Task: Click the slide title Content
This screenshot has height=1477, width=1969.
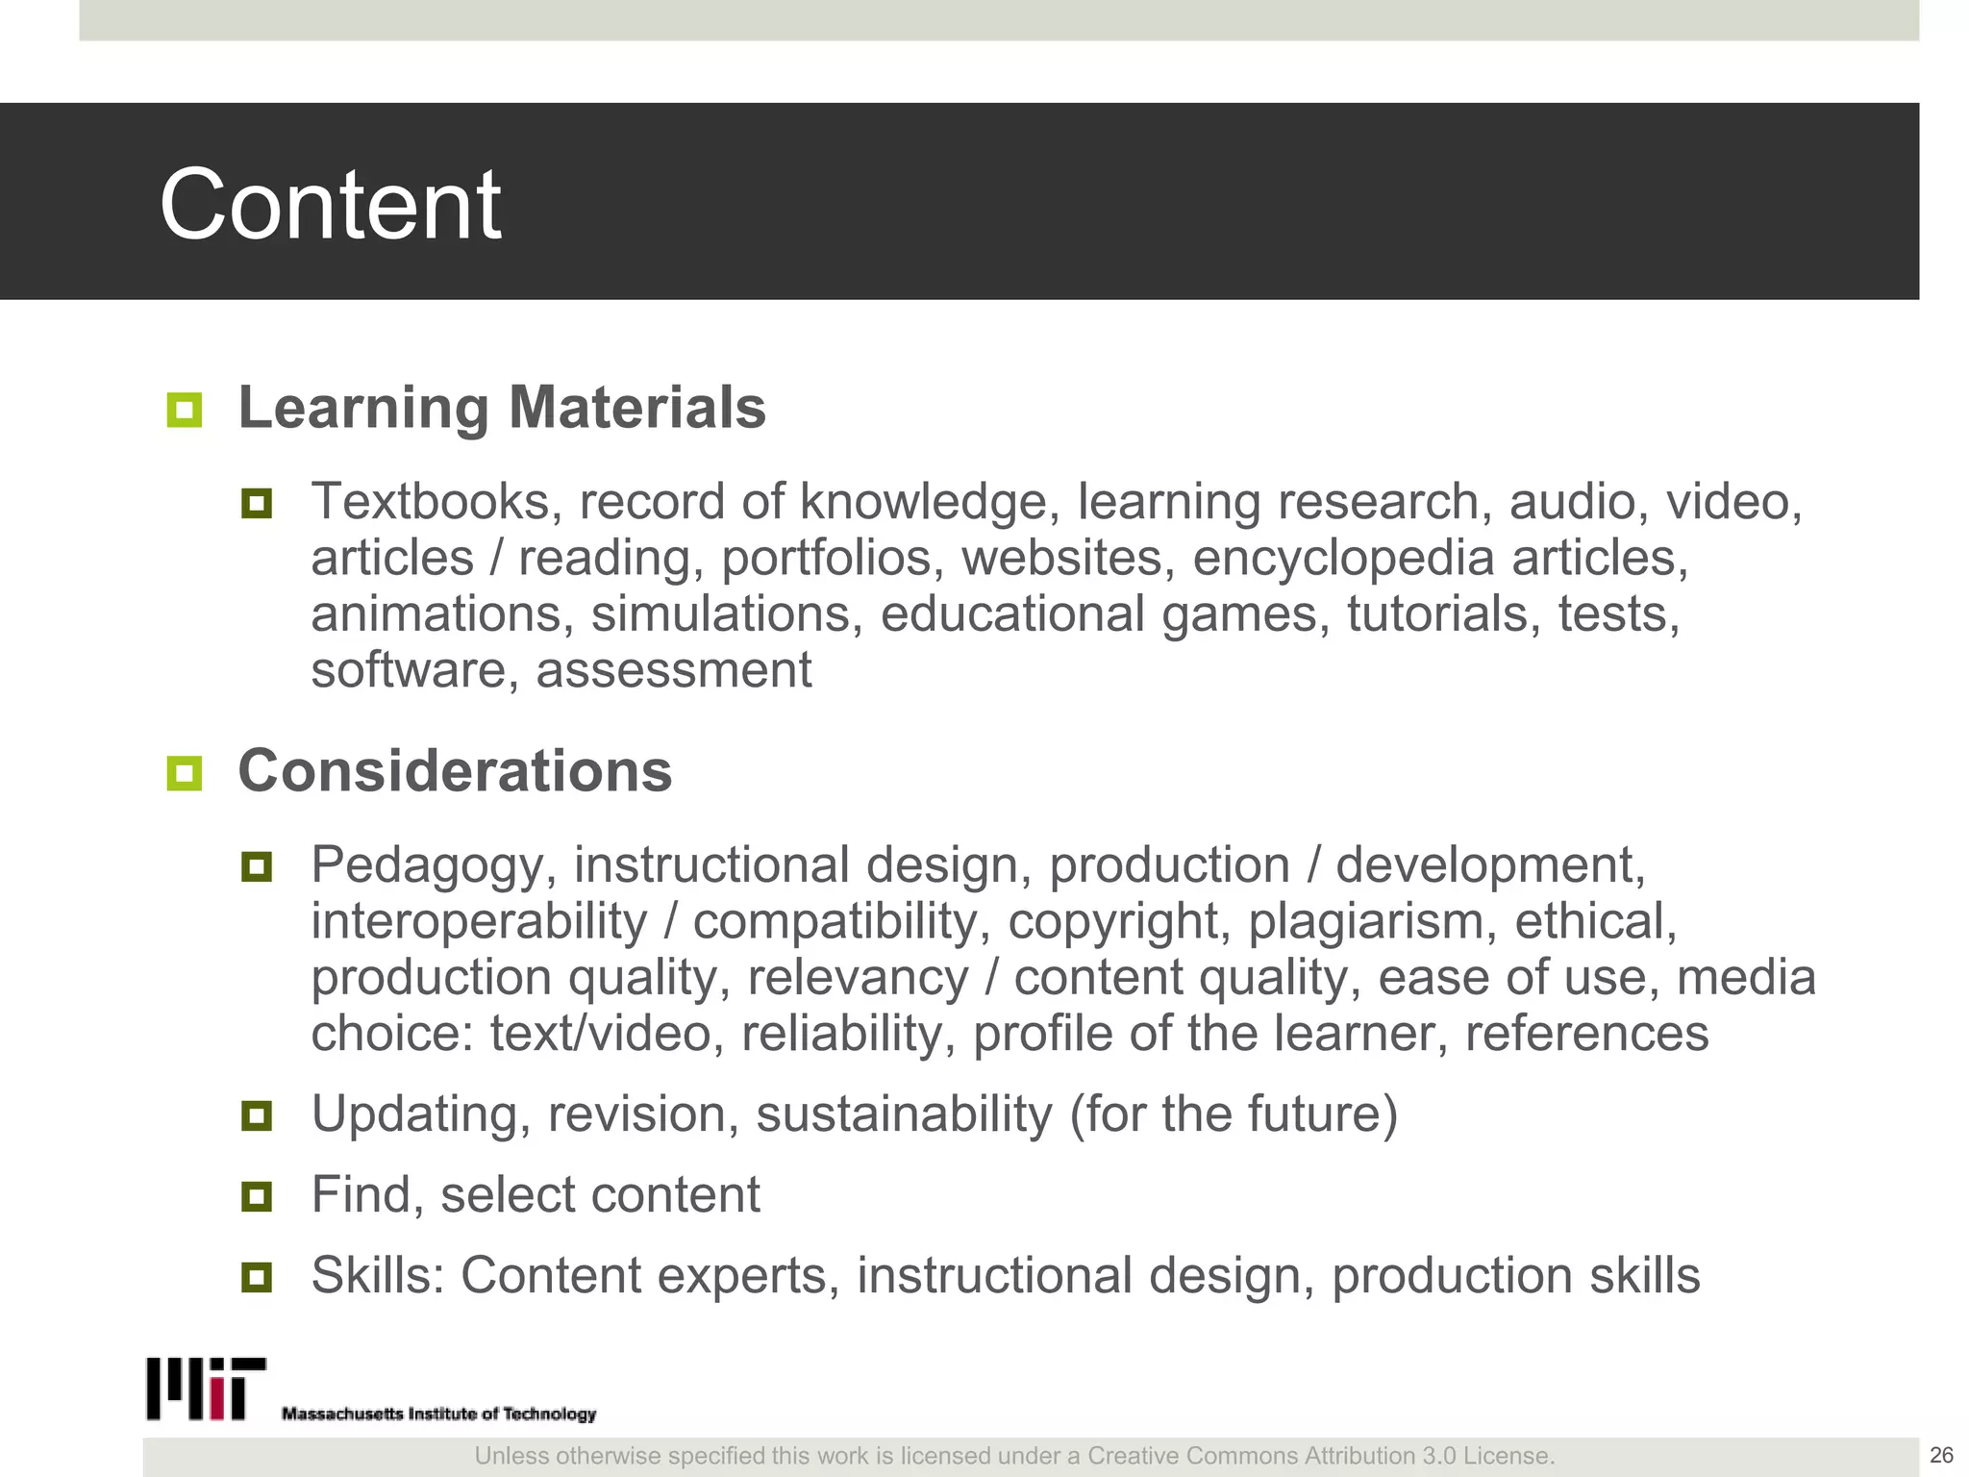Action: pyautogui.click(x=330, y=204)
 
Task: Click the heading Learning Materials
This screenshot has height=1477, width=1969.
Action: pyautogui.click(x=502, y=408)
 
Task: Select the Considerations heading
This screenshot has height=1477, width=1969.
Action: pyautogui.click(x=455, y=771)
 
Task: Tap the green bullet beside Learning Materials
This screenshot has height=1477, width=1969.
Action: pyautogui.click(x=184, y=410)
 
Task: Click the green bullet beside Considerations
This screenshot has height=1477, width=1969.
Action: pyautogui.click(x=184, y=773)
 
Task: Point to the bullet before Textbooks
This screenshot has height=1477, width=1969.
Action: pyautogui.click(x=257, y=503)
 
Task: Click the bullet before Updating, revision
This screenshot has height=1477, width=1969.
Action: pyautogui.click(x=257, y=1116)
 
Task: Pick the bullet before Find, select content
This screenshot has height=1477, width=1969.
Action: pyautogui.click(x=257, y=1197)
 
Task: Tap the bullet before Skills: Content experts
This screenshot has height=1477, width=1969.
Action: pyautogui.click(x=257, y=1278)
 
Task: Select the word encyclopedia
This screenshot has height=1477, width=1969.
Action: pyautogui.click(x=1343, y=559)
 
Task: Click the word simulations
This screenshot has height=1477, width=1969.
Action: pyautogui.click(x=727, y=614)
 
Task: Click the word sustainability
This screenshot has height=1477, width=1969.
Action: pyautogui.click(x=904, y=1114)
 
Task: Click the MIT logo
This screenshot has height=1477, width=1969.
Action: pyautogui.click(x=206, y=1389)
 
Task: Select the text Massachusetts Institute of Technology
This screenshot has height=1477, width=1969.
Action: pyautogui.click(x=438, y=1414)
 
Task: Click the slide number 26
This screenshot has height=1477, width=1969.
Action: pyautogui.click(x=1941, y=1455)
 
